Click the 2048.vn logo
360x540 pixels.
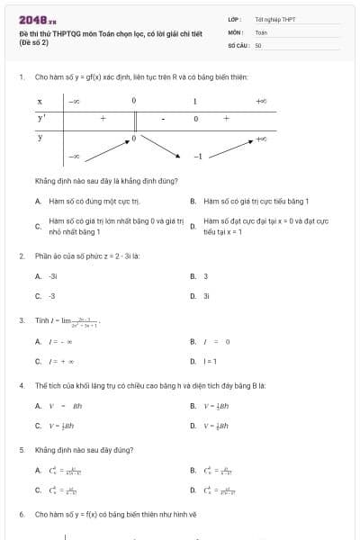37,18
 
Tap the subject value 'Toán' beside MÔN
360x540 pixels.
261,31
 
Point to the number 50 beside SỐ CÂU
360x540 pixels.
258,44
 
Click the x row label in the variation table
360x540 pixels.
40,102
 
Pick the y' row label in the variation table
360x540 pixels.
41,118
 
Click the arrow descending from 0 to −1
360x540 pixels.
162,147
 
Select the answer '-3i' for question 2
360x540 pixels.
53,276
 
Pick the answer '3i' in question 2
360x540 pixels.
206,295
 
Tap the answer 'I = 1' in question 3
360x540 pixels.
210,361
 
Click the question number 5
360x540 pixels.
22,449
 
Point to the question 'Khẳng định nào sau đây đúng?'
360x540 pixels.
84,449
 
